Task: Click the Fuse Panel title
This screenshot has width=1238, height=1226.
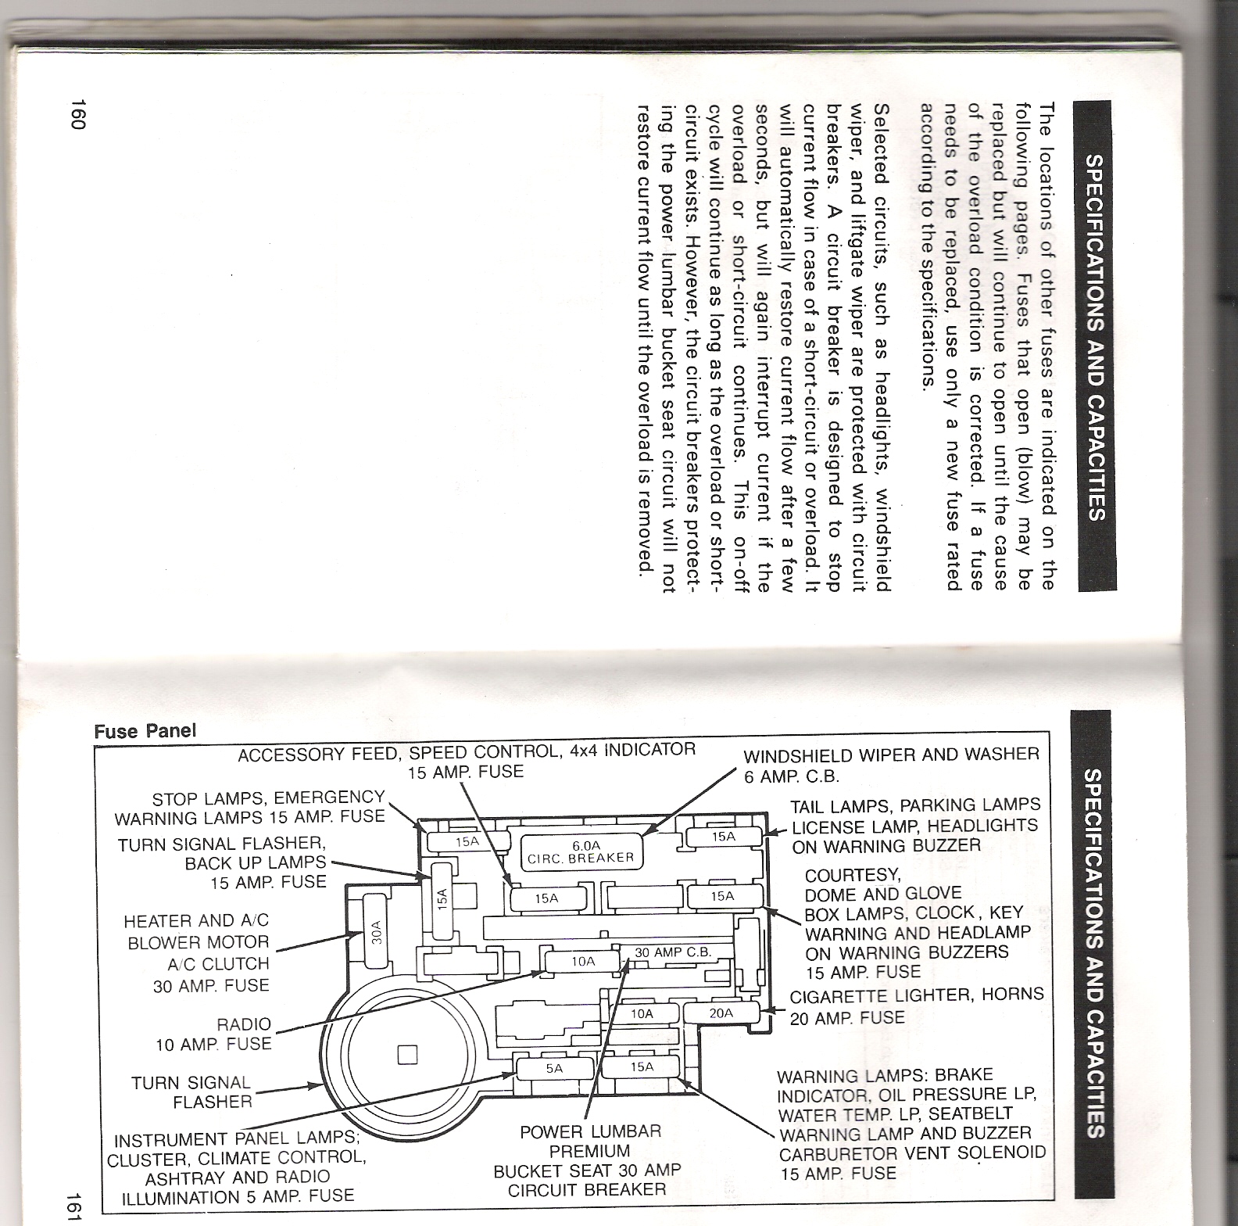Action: click(x=145, y=732)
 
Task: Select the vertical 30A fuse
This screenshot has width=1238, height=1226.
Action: click(x=376, y=935)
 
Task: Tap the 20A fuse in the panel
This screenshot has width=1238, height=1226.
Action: click(x=721, y=1013)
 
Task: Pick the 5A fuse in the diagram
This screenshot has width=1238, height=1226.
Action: click(x=553, y=1069)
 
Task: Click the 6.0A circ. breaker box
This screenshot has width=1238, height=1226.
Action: click(x=585, y=851)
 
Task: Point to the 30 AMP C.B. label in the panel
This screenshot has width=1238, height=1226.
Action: click(x=673, y=952)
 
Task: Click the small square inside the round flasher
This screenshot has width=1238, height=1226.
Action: click(x=408, y=1055)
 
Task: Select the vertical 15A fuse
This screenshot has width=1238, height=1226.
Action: click(x=442, y=898)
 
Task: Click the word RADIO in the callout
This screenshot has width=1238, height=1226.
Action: click(x=244, y=1024)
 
